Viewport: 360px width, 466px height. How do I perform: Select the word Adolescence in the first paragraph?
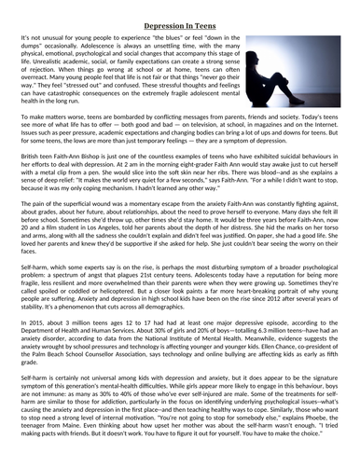(141, 43)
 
